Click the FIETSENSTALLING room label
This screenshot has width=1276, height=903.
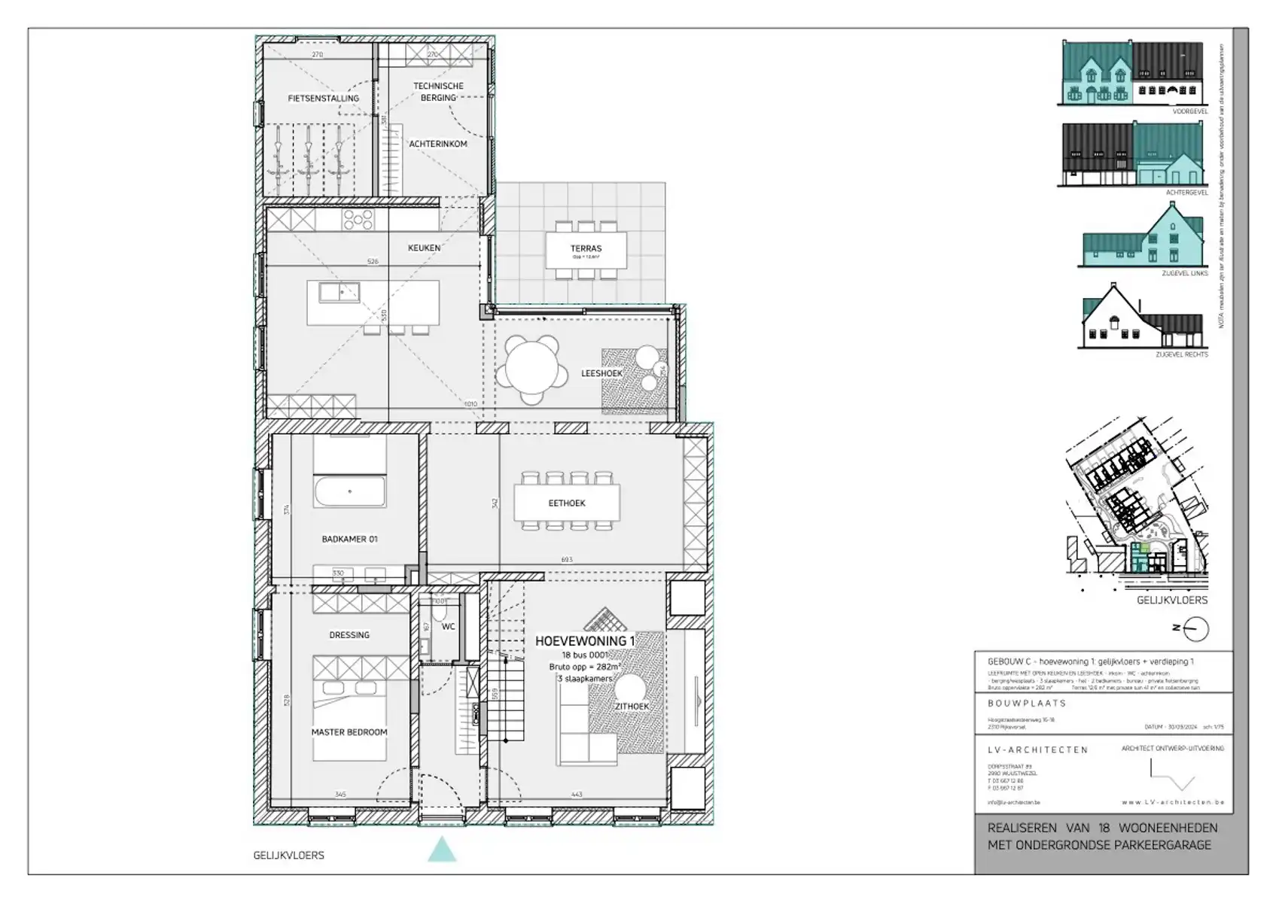pos(323,99)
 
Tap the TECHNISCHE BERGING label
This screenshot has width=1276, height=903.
pos(438,92)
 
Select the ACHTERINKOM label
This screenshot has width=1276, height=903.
pos(438,144)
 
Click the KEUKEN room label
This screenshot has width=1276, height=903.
pos(424,248)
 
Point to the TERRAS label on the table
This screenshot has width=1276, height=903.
pos(586,248)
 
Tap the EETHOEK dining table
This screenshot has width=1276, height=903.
pos(567,503)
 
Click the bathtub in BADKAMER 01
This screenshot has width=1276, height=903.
pos(350,491)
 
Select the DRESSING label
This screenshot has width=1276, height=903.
pos(349,635)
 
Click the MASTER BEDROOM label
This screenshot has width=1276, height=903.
pos(349,732)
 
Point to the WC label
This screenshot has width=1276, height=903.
pos(449,626)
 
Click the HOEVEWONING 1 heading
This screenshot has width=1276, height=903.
pos(585,641)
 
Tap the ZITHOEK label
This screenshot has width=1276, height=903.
pos(632,707)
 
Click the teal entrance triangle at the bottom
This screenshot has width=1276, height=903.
pos(442,850)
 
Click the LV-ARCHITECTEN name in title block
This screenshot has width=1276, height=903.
pos(1038,749)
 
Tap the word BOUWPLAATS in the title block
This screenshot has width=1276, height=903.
pos(1027,703)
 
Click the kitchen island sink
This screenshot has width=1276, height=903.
pos(339,292)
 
